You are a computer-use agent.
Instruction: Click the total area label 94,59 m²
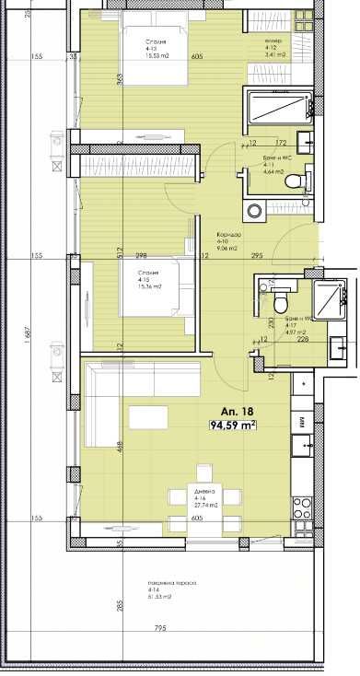(233, 425)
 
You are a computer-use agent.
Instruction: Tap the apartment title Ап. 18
(230, 411)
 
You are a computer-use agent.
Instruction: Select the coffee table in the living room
(148, 417)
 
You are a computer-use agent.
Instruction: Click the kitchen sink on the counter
(302, 446)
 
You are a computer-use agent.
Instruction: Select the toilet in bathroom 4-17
(280, 301)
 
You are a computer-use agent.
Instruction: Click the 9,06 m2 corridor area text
(227, 246)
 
